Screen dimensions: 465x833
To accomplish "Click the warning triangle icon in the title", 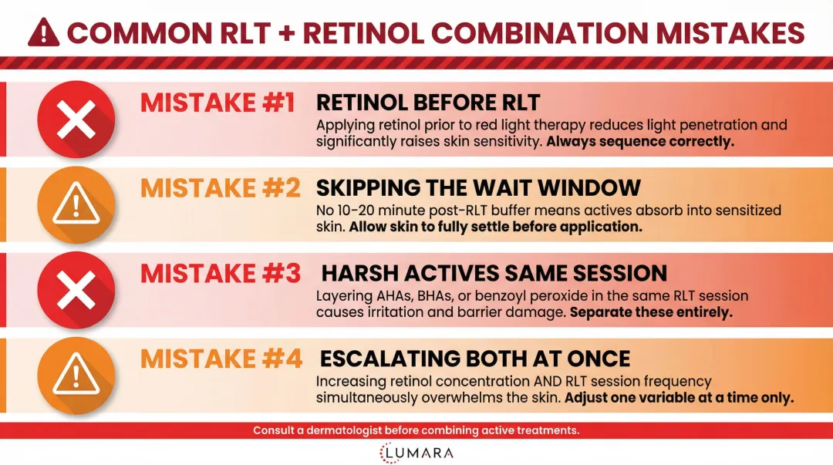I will click(x=43, y=32).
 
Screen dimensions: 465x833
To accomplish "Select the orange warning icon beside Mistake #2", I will click(x=76, y=206).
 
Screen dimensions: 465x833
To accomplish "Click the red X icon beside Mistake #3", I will click(x=76, y=291).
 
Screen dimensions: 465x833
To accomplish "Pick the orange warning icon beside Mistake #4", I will click(x=76, y=377).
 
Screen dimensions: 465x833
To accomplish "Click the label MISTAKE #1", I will click(x=218, y=103).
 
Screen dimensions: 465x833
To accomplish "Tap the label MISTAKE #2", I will click(x=220, y=188).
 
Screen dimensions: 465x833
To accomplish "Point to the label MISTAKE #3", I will click(x=220, y=274).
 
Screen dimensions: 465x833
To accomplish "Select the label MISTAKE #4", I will click(x=220, y=359).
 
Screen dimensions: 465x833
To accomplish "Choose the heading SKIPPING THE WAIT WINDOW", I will click(x=478, y=188).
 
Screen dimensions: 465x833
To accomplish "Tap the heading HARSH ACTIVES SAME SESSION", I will click(x=494, y=274).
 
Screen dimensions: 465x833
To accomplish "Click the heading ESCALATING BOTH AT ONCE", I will click(x=475, y=359).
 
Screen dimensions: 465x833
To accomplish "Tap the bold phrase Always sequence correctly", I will click(x=642, y=142).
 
